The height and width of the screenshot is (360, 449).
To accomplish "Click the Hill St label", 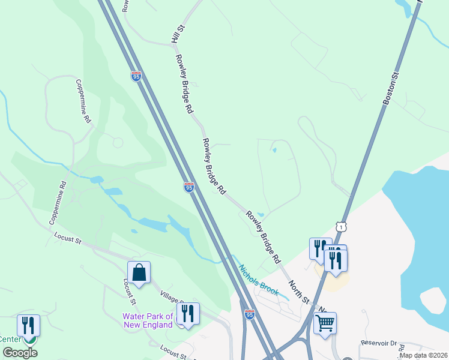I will point(176,34).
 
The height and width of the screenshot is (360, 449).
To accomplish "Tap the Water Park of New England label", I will point(148,320).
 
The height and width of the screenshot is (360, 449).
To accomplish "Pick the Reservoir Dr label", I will point(379,343).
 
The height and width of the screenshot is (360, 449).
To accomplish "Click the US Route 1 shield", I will point(341,227).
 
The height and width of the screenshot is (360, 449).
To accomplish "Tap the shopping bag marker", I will point(139,272).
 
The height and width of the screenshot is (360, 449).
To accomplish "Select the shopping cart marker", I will point(325,323).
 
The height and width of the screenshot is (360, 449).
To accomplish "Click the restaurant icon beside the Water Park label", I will point(188,313).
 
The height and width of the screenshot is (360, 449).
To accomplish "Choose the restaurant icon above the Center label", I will point(28,325).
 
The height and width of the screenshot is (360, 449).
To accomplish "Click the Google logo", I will point(20,353).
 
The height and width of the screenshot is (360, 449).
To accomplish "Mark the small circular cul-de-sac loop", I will point(118,143).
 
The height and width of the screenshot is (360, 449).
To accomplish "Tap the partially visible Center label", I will point(10,339).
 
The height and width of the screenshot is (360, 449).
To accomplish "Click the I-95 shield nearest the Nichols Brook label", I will point(249,314).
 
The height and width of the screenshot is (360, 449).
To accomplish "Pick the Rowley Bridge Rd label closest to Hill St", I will point(184,84).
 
